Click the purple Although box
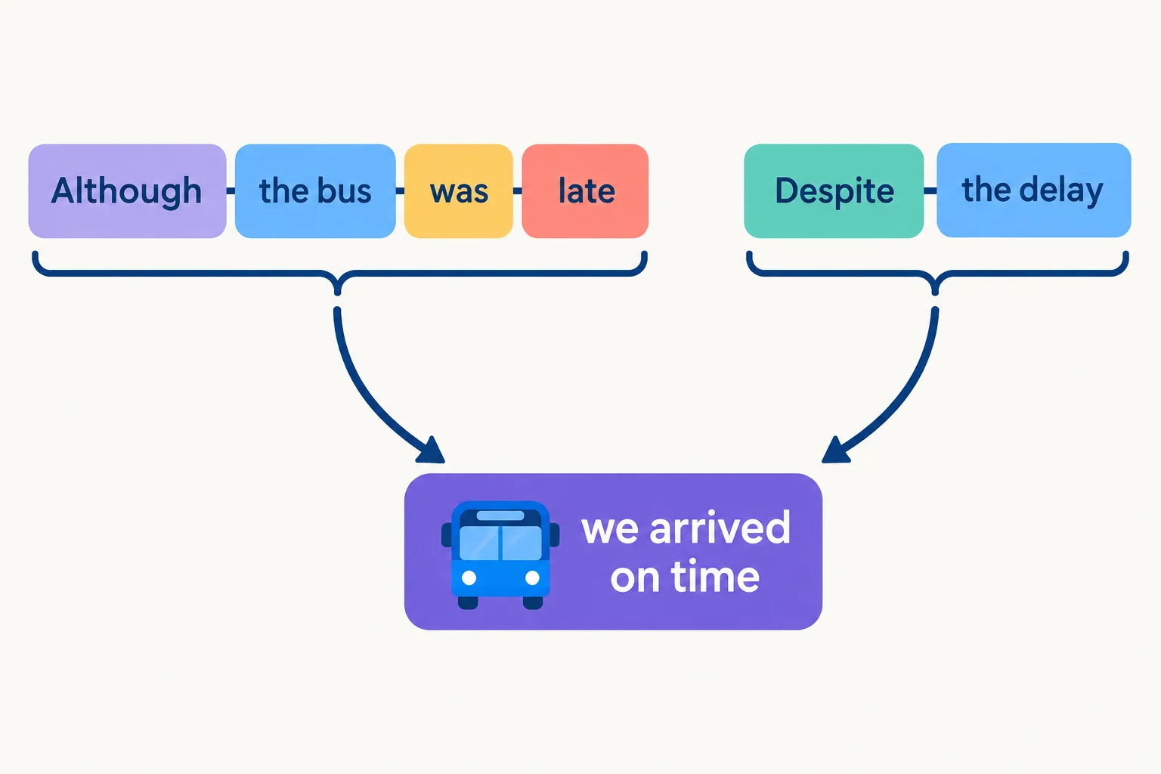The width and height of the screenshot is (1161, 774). (x=127, y=190)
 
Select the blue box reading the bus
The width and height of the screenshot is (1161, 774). (x=315, y=190)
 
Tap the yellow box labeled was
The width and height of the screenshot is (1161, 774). (x=459, y=190)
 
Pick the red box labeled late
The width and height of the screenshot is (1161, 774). (x=585, y=190)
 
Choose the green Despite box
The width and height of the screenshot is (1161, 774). (x=834, y=190)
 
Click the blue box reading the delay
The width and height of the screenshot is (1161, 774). (x=1034, y=190)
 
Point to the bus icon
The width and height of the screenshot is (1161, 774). (x=500, y=555)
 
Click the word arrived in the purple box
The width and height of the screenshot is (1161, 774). (x=720, y=529)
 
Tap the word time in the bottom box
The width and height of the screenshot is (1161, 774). (x=715, y=577)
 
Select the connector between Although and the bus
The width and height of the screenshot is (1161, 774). (x=231, y=190)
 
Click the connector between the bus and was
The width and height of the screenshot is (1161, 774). (x=400, y=190)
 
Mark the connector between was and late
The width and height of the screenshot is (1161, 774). (x=517, y=190)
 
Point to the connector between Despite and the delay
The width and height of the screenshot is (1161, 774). (x=930, y=190)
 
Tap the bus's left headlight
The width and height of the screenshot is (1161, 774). (x=469, y=577)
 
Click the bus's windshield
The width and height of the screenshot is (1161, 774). (x=500, y=543)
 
